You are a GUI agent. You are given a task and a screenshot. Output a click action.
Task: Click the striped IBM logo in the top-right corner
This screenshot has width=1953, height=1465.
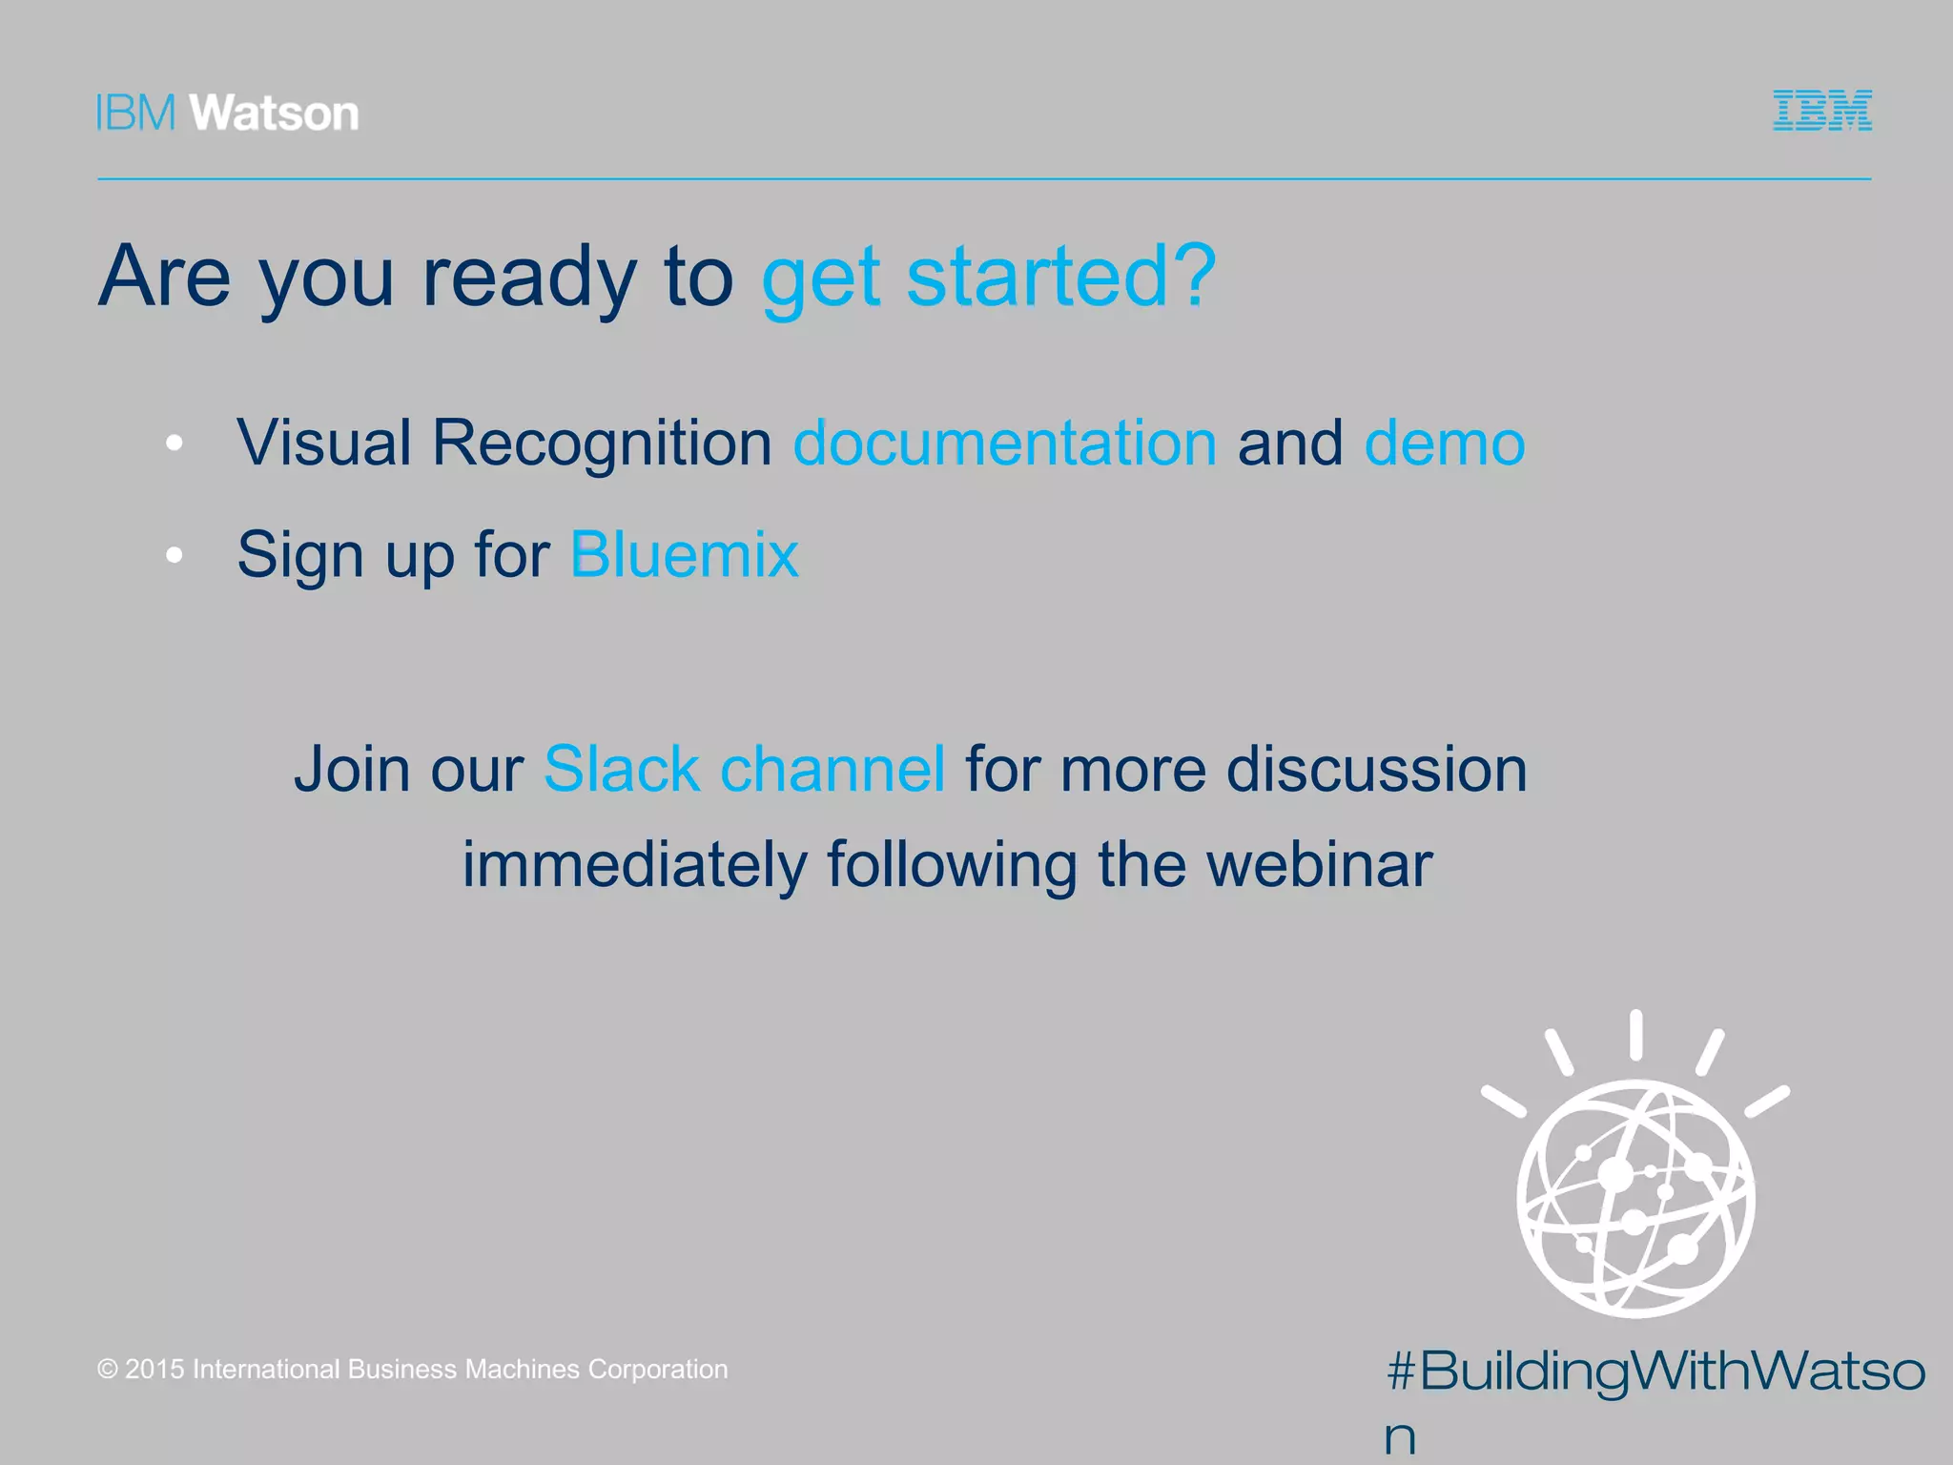pos(1821,111)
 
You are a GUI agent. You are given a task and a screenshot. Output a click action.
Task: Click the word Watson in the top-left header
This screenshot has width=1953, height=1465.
pos(275,113)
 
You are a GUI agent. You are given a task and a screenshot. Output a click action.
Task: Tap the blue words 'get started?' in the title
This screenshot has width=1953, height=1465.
pos(988,277)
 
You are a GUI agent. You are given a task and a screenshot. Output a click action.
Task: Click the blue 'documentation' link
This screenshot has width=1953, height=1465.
pos(1004,444)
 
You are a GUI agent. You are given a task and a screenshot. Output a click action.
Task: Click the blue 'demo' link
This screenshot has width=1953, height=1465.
pos(1444,444)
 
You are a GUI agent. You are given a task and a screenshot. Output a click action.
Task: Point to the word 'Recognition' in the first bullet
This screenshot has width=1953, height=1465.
pos(601,444)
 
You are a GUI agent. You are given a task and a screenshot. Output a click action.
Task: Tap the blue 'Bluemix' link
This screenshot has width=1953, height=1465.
pos(684,554)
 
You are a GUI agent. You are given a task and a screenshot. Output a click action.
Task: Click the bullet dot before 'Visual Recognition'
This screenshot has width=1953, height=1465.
pos(174,444)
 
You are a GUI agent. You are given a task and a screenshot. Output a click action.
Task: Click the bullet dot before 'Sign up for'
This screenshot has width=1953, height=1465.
pos(174,555)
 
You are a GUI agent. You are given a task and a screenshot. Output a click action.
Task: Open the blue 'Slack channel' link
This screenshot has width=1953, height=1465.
pos(744,769)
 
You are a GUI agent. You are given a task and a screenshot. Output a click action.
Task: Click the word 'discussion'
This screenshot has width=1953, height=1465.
pos(1376,769)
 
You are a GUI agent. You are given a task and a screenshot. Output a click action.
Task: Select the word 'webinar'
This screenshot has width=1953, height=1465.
pos(1319,864)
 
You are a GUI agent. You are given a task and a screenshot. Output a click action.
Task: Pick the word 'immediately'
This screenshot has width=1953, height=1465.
pos(634,864)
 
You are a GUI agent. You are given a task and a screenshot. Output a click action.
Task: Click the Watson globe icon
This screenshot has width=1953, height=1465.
pos(1634,1197)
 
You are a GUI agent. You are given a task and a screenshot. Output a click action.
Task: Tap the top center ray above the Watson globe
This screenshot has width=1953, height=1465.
pos(1635,1035)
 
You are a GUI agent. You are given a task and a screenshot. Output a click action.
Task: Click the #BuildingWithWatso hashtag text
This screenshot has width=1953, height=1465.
pos(1655,1372)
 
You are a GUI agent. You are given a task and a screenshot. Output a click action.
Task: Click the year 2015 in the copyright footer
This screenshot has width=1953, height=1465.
pos(154,1370)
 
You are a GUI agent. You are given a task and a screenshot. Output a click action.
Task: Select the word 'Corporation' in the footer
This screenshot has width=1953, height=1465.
pos(657,1370)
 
